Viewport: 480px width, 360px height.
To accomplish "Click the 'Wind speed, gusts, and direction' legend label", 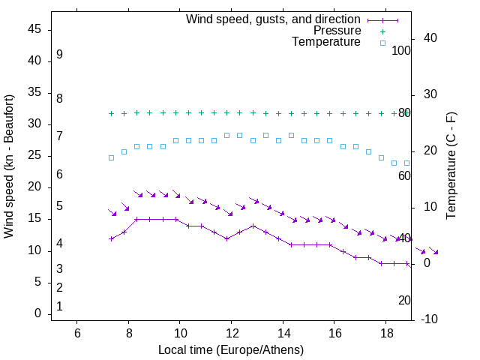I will (x=273, y=19).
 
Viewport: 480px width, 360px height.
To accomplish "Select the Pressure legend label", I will (x=337, y=31).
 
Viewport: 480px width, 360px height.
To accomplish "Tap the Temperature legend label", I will (x=326, y=42).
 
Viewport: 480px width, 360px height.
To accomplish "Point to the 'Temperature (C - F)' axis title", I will (x=451, y=166).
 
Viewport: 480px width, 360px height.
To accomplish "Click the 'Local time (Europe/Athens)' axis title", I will (x=231, y=350).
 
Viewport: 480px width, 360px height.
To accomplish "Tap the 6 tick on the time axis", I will (x=77, y=333).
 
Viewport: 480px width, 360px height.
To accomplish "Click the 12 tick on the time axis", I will (x=231, y=333).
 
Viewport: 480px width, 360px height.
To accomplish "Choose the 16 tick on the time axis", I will (x=334, y=333).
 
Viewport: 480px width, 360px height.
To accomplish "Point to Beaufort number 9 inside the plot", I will (x=59, y=55).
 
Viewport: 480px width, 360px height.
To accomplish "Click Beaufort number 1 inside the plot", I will (x=59, y=306).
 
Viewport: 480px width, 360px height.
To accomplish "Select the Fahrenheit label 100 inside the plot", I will (x=401, y=50).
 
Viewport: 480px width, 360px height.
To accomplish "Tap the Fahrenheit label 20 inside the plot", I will (x=404, y=300).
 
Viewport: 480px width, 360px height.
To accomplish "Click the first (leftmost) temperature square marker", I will (x=111, y=157).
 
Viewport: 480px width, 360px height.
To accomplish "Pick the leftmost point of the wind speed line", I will (x=111, y=238).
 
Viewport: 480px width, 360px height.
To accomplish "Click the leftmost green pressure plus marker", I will (x=111, y=113).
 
